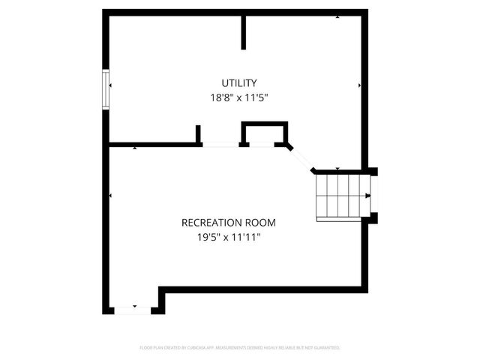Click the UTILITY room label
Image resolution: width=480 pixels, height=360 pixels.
pos(239,82)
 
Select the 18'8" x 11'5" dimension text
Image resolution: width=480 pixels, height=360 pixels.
pos(239,97)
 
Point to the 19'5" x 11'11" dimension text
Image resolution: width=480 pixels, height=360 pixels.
pos(229,238)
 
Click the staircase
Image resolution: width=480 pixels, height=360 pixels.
pos(340,196)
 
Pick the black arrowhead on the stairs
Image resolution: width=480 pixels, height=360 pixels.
pos(367,196)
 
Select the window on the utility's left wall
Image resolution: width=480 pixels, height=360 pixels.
pos(106,89)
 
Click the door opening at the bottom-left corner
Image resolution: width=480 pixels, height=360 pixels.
pos(132,309)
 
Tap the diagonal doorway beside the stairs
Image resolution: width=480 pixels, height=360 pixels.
pos(301,157)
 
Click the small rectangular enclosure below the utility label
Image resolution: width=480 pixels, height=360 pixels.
pos(264,133)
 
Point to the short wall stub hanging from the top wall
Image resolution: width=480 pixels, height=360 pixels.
pos(244,31)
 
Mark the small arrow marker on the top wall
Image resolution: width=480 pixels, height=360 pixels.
pos(337,16)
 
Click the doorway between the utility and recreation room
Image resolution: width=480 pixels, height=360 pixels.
pos(220,144)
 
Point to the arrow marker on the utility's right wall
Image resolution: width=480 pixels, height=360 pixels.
pos(360,85)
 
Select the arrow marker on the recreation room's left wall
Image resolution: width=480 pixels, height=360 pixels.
pos(111,196)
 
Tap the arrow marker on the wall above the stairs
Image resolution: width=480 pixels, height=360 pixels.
pos(337,169)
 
